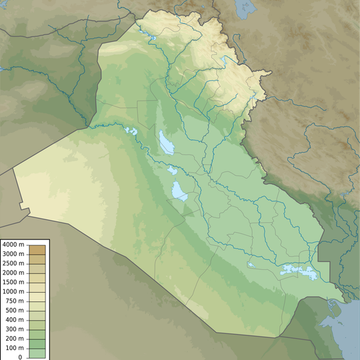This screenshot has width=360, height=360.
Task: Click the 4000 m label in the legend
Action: (x=13, y=245)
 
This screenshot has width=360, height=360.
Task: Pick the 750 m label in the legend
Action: (x=15, y=301)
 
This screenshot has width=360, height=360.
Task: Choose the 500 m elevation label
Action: (x=15, y=310)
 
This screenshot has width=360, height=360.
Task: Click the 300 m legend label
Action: (x=15, y=329)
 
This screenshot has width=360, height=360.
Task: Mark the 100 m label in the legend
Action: (x=15, y=348)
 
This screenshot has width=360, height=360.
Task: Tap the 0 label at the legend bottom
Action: (x=20, y=357)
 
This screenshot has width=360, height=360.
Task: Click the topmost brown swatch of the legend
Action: (x=38, y=249)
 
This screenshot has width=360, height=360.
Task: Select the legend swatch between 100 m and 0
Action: (x=38, y=353)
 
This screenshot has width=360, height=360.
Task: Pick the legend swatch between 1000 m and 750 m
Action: (x=38, y=296)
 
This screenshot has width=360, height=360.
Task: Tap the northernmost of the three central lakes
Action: (x=164, y=141)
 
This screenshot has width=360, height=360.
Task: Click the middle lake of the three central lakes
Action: (x=173, y=170)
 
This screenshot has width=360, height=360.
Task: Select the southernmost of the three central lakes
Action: (x=179, y=191)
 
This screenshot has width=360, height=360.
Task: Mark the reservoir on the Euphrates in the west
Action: (x=131, y=131)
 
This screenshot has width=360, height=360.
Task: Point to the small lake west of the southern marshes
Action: (x=250, y=265)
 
